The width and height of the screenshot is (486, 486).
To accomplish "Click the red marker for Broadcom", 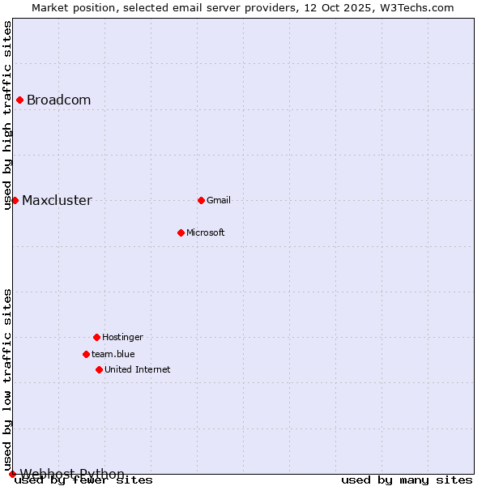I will (19, 100).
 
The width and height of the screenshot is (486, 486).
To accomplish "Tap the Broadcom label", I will (58, 100).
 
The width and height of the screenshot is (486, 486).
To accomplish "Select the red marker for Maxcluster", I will (15, 200).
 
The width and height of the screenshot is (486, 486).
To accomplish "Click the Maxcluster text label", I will (57, 201).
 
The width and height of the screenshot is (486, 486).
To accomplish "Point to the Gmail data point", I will (201, 200).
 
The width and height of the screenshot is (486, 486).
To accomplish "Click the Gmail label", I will (219, 200).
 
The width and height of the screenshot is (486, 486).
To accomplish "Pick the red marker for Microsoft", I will (181, 232).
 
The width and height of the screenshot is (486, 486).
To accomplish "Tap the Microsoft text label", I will (205, 232).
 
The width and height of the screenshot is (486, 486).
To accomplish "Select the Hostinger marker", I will (96, 337).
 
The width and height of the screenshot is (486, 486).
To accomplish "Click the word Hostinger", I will (122, 337).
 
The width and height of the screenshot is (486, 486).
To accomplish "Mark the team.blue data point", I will (86, 354).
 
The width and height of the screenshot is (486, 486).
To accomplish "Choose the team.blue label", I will (113, 354).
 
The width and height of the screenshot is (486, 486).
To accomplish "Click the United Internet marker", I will (99, 369).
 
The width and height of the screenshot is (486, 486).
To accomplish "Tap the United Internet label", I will (137, 369).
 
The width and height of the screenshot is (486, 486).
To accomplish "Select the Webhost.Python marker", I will (12, 474).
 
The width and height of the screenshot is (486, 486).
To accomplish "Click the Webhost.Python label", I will (72, 474).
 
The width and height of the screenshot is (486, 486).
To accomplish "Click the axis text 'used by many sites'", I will (407, 480).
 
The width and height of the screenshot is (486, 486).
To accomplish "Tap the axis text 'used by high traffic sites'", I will (8, 115).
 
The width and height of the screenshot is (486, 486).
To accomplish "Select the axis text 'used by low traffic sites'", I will (8, 379).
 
